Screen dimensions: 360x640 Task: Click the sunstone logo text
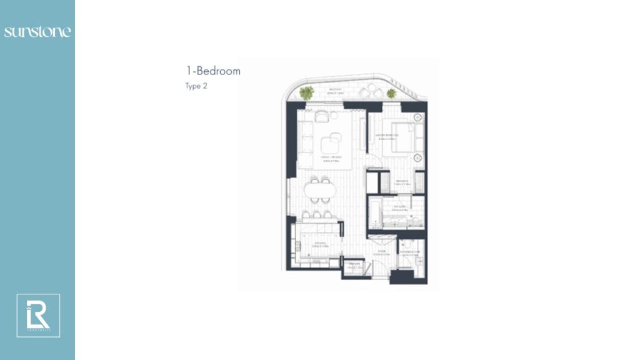pos(37,32)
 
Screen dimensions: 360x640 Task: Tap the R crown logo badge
pos(38,316)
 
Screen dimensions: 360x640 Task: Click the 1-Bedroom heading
pos(213,71)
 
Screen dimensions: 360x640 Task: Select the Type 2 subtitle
pos(196,86)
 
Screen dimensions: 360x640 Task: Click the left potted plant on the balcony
pos(306,93)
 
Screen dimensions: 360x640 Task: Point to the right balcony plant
pos(391,94)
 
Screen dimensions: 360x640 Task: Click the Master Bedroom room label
pos(388,136)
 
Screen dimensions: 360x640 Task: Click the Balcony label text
pos(336,91)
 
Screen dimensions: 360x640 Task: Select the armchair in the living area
pos(322,117)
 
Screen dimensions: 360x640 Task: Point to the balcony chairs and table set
pos(368,93)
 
